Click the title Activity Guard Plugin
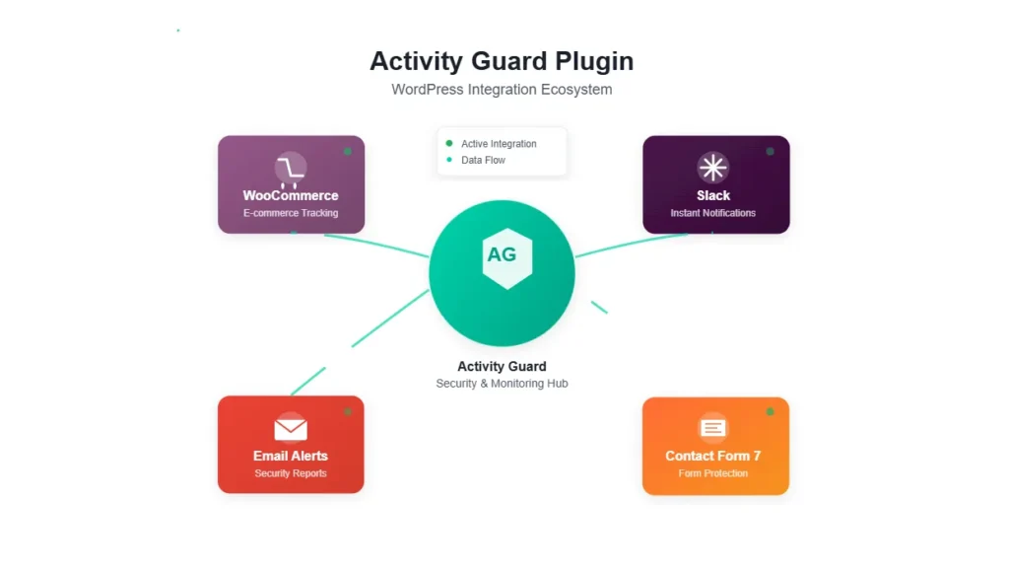[502, 61]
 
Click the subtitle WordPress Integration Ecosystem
[502, 90]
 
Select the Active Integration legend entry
[499, 144]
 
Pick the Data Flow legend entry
[483, 160]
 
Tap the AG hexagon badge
[502, 255]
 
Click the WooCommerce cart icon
[291, 169]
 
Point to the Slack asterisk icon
[713, 168]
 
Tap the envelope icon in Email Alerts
[291, 428]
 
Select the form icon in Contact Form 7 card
[713, 428]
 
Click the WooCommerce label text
[291, 195]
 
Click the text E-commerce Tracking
[291, 213]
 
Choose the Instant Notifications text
[713, 213]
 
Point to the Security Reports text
[291, 473]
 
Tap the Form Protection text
[713, 473]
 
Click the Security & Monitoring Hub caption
[502, 384]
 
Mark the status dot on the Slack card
[771, 151]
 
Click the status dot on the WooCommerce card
[348, 151]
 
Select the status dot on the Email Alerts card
[348, 411]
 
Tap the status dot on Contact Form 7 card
[771, 411]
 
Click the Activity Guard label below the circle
[502, 366]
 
